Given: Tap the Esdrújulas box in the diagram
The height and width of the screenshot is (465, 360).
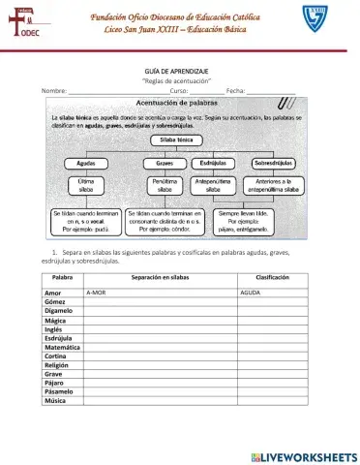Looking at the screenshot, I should pos(214,164).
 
